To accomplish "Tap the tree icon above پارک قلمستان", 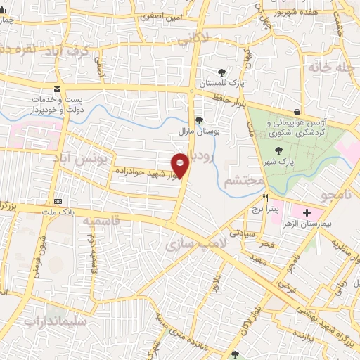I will pyautogui.click(x=222, y=72).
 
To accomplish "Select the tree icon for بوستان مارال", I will pyautogui.click(x=199, y=120).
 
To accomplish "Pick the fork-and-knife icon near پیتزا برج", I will pyautogui.click(x=265, y=198).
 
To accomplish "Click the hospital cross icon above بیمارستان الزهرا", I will pyautogui.click(x=307, y=212).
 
